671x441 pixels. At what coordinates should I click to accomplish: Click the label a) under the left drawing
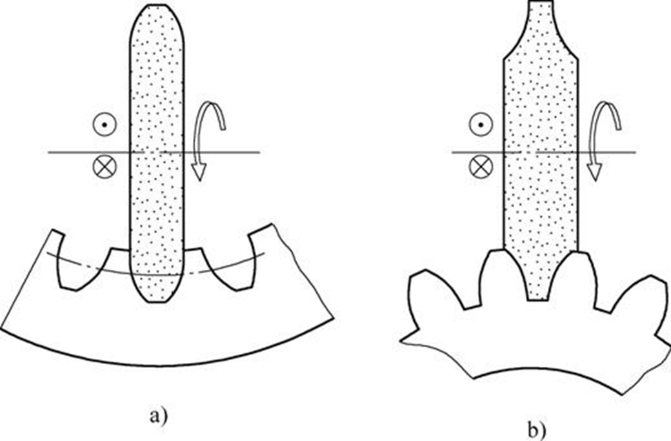158,413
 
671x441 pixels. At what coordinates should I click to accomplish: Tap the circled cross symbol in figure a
101,167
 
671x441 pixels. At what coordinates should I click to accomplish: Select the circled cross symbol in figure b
478,167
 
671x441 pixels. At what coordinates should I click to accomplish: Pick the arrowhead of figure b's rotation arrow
594,171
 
